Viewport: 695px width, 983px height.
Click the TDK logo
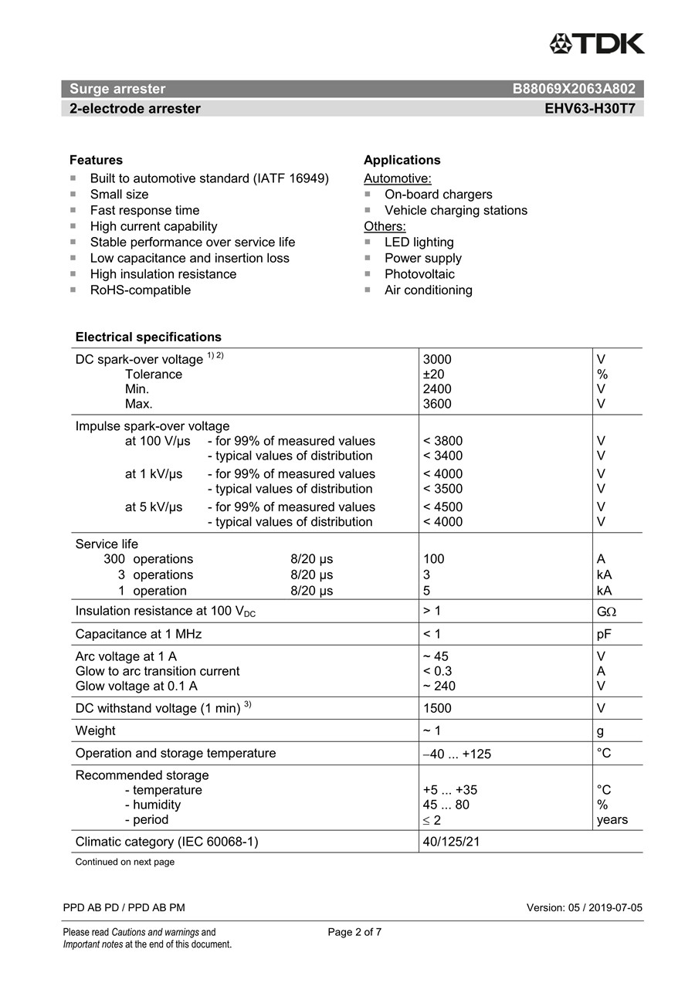pyautogui.click(x=596, y=43)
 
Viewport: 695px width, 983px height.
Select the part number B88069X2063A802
pyautogui.click(x=574, y=89)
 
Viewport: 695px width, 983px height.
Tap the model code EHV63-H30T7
pyautogui.click(x=590, y=109)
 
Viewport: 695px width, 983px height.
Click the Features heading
pyautogui.click(x=96, y=160)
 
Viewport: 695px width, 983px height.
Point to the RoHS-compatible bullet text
pyautogui.click(x=140, y=290)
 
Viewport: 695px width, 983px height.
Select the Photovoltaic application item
pyautogui.click(x=419, y=274)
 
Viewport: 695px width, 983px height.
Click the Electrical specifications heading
pyautogui.click(x=148, y=337)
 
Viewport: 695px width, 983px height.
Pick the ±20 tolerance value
pyautogui.click(x=433, y=375)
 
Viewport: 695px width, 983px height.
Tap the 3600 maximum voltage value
pyautogui.click(x=437, y=404)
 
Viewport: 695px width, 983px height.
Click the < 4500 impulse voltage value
pyautogui.click(x=442, y=507)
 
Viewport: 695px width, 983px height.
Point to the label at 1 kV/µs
pyautogui.click(x=154, y=474)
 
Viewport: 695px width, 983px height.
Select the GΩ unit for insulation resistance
pyautogui.click(x=606, y=612)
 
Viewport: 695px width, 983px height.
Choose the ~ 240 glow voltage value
pyautogui.click(x=439, y=686)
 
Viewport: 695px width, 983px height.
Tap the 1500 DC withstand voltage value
pyautogui.click(x=437, y=708)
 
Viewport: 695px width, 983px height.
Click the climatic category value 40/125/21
pyautogui.click(x=451, y=842)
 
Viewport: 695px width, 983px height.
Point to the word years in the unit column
pyautogui.click(x=612, y=820)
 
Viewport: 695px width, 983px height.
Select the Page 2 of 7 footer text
pyautogui.click(x=354, y=932)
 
